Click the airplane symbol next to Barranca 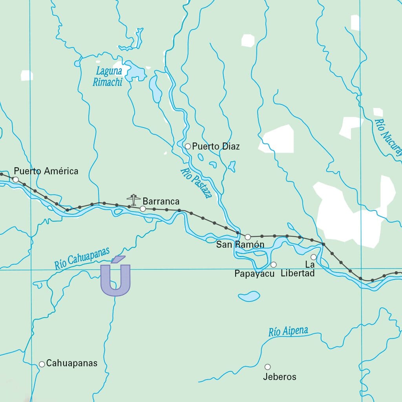[x=133, y=199]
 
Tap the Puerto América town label [x=46, y=171]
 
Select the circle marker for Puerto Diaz [x=188, y=146]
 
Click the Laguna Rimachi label [x=108, y=77]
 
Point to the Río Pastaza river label [x=196, y=183]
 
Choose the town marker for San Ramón [x=248, y=237]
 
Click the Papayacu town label [x=254, y=274]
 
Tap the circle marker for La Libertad [x=314, y=257]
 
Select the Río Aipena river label [x=288, y=331]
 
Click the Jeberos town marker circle [x=268, y=367]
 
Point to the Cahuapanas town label [x=71, y=364]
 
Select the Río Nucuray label [x=388, y=137]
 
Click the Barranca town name [x=161, y=201]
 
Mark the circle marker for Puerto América [x=16, y=179]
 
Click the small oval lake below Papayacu [x=249, y=296]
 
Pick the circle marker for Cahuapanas [x=42, y=364]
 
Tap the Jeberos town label [x=280, y=377]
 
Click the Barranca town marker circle [x=143, y=209]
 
